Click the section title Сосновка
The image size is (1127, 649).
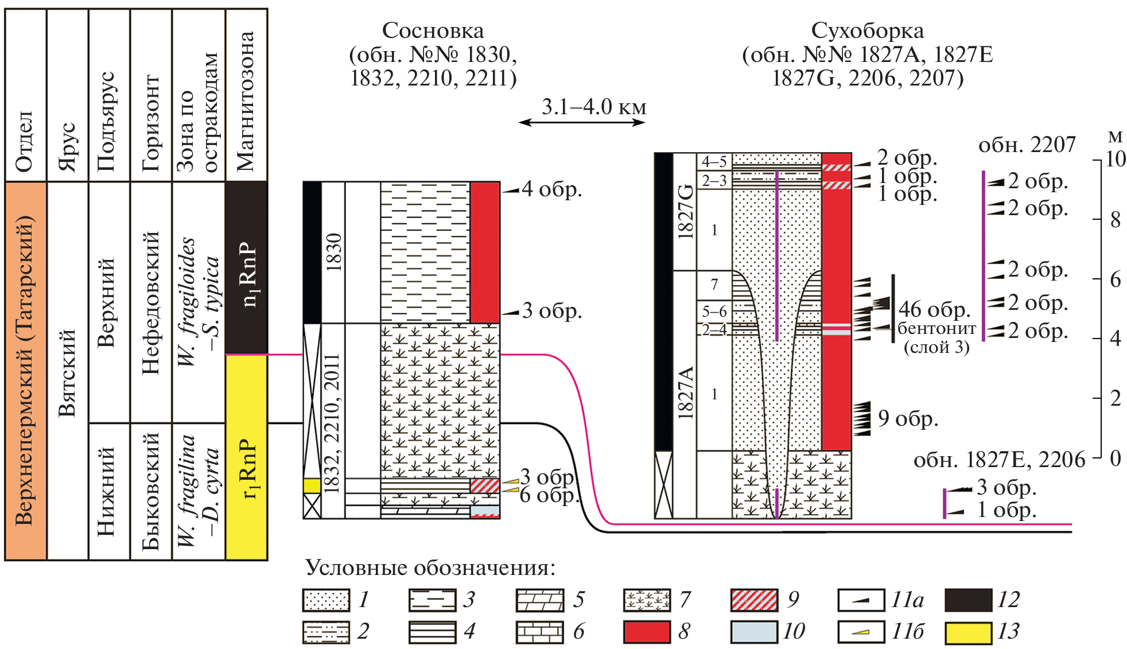(x=433, y=30)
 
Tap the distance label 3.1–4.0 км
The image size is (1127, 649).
(x=593, y=107)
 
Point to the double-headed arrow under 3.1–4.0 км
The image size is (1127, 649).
(x=582, y=122)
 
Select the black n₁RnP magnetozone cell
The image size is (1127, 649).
(x=247, y=267)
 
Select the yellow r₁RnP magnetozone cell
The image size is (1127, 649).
(x=247, y=456)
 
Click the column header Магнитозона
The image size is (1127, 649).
(x=247, y=101)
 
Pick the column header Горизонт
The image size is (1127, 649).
(x=151, y=123)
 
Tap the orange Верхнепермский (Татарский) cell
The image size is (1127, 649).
(x=26, y=371)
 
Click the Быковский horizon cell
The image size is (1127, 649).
(x=151, y=491)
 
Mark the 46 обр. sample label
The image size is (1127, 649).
(x=934, y=309)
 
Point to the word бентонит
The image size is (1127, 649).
(x=936, y=329)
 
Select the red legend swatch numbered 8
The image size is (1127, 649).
(x=647, y=632)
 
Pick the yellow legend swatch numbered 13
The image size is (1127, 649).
(x=968, y=632)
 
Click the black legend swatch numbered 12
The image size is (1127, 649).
(x=968, y=600)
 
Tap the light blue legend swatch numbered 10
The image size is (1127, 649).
(x=754, y=632)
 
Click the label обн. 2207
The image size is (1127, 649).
(x=1027, y=145)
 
